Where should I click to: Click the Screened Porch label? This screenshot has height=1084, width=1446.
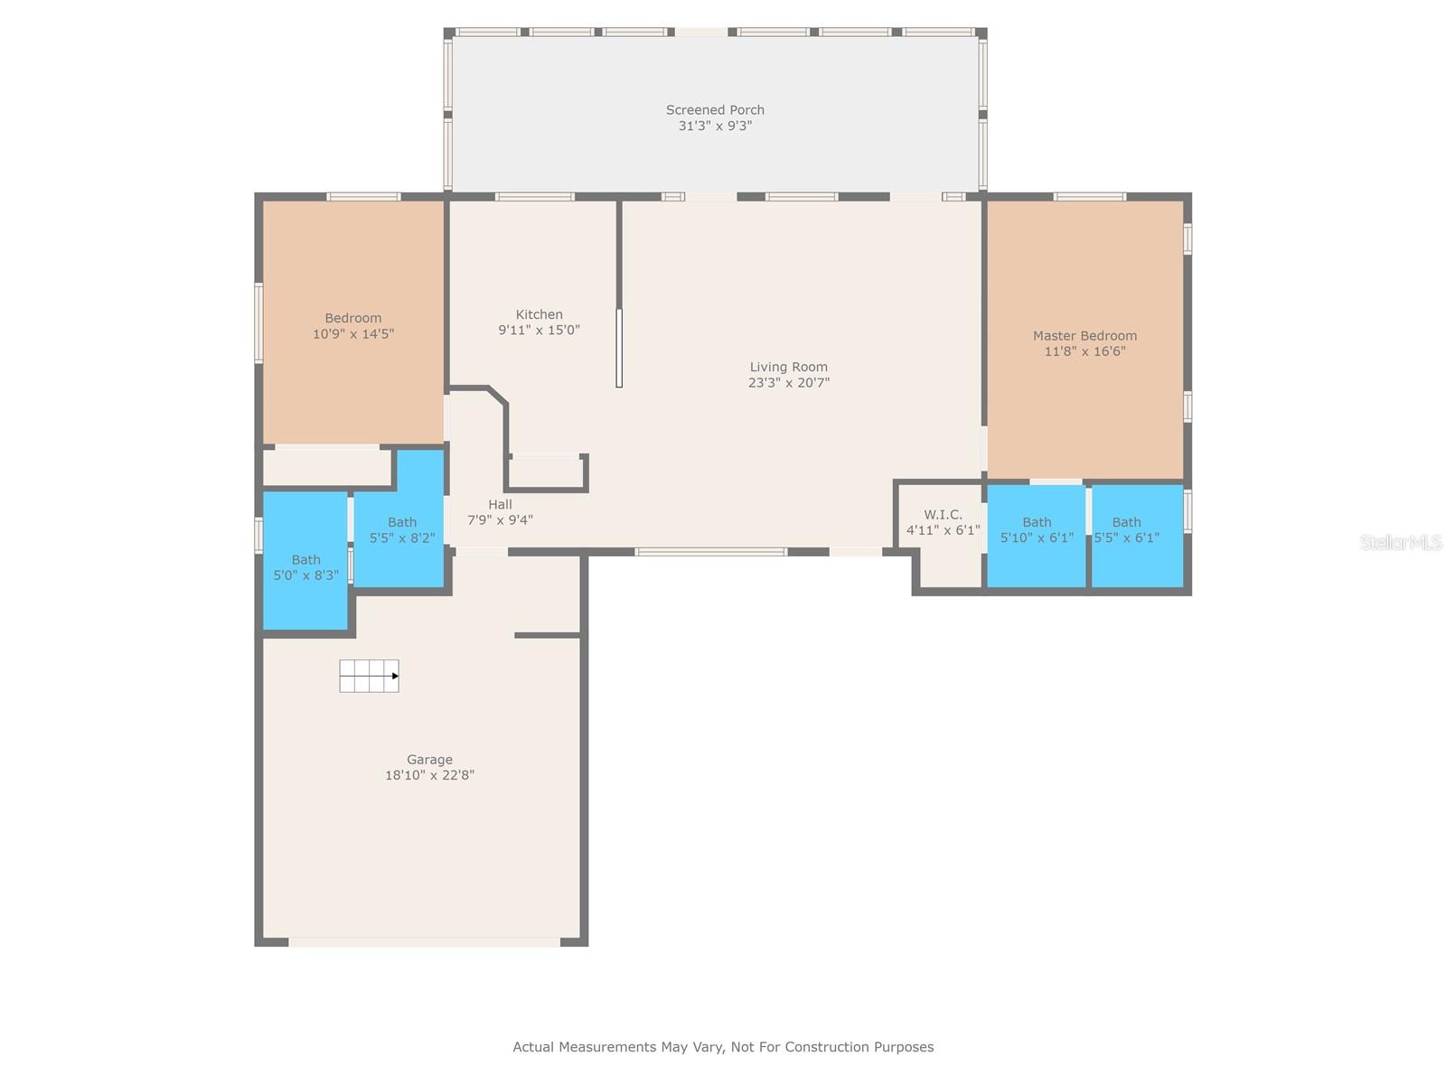pos(715,110)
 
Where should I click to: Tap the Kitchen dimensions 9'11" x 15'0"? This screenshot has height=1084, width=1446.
pos(539,330)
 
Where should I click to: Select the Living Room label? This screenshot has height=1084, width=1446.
pos(789,367)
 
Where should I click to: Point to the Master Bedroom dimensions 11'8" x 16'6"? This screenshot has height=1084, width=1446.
pos(1085,350)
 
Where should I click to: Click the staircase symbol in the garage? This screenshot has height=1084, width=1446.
pos(369,676)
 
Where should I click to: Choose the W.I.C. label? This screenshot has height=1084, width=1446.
pos(943,515)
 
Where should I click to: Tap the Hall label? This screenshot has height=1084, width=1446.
pos(500,504)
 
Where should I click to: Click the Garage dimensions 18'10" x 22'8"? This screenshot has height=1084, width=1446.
pos(429,775)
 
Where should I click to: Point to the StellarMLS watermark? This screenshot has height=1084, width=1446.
pos(1401,542)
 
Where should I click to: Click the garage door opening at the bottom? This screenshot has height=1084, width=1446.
pos(424,942)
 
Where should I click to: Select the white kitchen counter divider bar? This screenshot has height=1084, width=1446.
pos(619,348)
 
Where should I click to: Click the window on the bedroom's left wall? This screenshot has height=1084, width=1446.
pos(258,323)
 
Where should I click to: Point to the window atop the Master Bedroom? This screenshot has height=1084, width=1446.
pos(1090,197)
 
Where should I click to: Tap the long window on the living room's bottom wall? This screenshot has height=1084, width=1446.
pos(711,552)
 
